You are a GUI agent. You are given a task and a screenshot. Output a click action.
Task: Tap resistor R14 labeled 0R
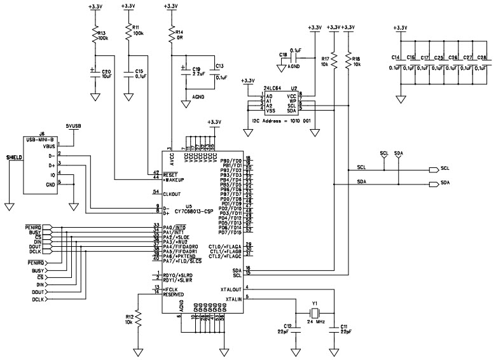[x=170, y=34]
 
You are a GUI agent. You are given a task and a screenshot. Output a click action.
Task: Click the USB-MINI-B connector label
[x=42, y=139]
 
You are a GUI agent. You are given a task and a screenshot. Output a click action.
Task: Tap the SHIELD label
[x=15, y=156]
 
